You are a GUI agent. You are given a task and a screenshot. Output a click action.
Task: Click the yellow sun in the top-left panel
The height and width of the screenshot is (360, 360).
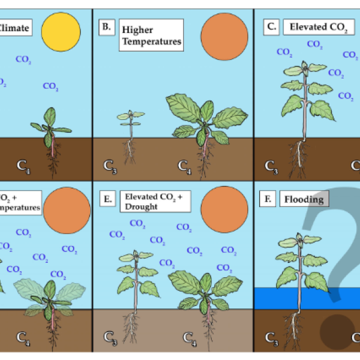[60, 31]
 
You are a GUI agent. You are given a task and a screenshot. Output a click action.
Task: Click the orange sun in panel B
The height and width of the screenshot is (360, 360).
[224, 35]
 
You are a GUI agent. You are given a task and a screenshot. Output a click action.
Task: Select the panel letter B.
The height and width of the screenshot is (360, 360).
[106, 26]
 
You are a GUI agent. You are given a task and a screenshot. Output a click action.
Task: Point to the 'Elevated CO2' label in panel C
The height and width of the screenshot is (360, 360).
[319, 27]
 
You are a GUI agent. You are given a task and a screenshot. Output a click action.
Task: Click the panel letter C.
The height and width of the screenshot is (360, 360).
[271, 26]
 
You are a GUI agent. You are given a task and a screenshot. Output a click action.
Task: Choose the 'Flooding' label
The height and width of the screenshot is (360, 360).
[304, 199]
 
